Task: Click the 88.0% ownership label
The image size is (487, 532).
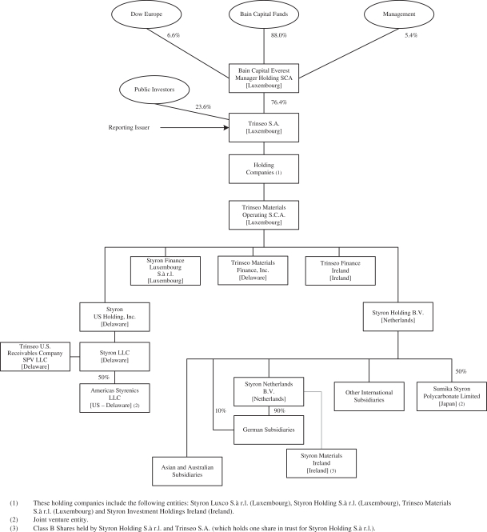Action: click(x=279, y=35)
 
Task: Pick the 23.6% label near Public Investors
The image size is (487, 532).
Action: click(x=203, y=106)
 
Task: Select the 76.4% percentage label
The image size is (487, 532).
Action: click(x=279, y=102)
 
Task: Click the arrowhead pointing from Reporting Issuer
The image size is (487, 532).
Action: click(x=226, y=127)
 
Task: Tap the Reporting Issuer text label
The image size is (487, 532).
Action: click(x=129, y=127)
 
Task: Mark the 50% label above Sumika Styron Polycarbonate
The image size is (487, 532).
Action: click(x=461, y=371)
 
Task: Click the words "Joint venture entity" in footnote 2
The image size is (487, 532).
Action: click(x=60, y=519)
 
